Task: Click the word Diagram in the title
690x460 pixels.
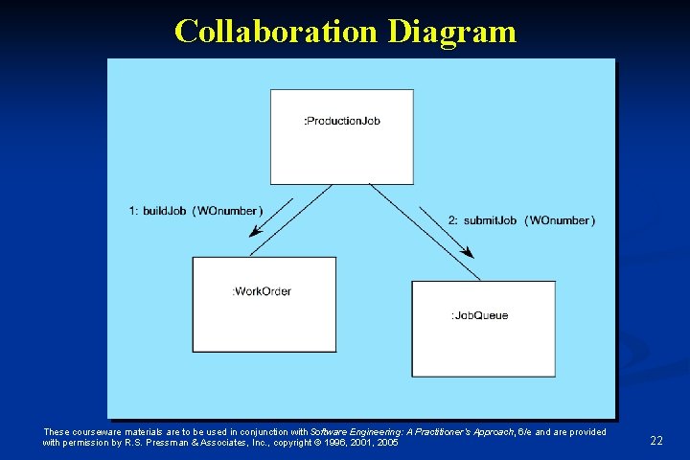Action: pyautogui.click(x=452, y=32)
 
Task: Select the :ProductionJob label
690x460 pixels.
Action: pyautogui.click(x=342, y=121)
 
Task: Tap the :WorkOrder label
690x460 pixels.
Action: pyautogui.click(x=262, y=291)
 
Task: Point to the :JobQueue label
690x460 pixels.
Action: pyautogui.click(x=479, y=315)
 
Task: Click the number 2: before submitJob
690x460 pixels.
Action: pyautogui.click(x=453, y=220)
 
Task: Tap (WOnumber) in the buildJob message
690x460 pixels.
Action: pyautogui.click(x=228, y=211)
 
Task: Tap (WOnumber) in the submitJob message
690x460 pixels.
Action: pyautogui.click(x=560, y=220)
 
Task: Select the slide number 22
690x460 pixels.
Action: pyautogui.click(x=656, y=441)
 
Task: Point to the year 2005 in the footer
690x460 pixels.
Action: pyautogui.click(x=387, y=443)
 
